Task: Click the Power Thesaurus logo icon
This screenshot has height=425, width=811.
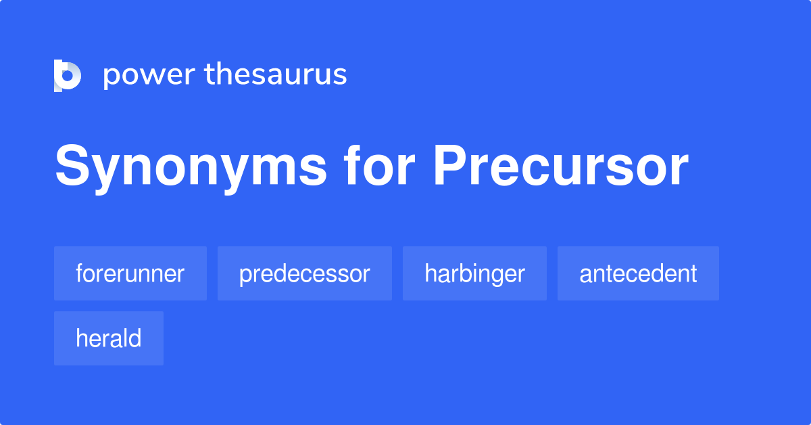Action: click(68, 75)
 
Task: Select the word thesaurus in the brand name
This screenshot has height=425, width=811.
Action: click(276, 75)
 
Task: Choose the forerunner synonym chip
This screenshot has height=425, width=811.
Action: click(130, 273)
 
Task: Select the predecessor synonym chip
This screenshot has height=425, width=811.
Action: click(304, 273)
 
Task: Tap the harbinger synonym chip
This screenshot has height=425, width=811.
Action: click(474, 273)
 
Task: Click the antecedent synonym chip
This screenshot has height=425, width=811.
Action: click(638, 273)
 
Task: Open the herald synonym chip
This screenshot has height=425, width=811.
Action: click(108, 338)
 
